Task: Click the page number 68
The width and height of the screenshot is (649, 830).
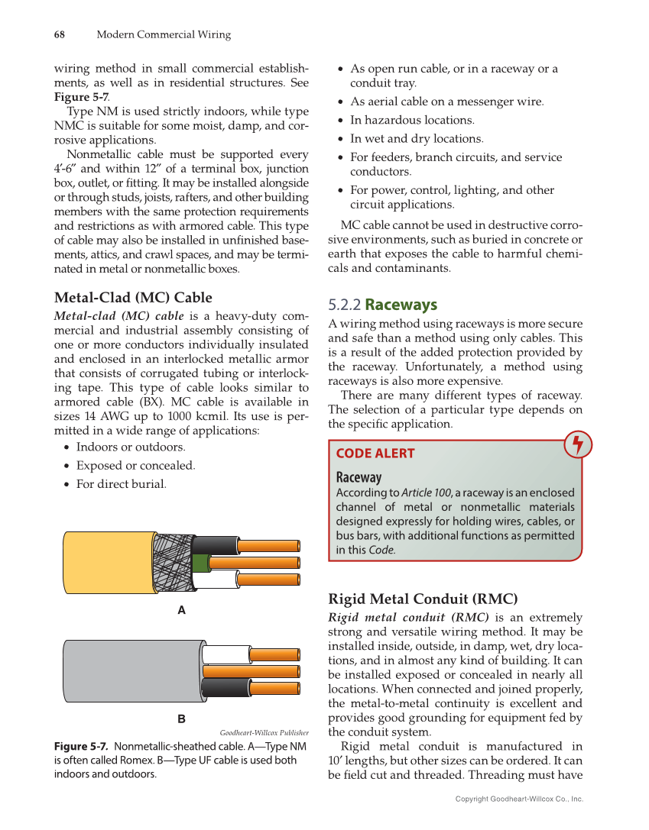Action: click(58, 34)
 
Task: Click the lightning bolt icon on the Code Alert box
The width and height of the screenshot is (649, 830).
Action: click(578, 445)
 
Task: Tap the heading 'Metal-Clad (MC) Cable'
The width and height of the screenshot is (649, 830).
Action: click(133, 297)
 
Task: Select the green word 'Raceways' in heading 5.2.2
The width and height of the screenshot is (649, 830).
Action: click(401, 305)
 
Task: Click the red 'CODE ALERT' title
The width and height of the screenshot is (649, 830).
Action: click(375, 453)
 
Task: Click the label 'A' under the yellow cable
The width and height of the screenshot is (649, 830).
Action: click(181, 610)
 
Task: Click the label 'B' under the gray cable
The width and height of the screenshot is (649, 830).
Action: click(181, 719)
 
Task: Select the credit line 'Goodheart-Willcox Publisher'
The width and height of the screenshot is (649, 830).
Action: click(264, 731)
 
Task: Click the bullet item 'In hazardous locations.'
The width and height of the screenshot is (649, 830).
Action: click(412, 120)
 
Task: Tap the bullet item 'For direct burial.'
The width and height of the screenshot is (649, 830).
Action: click(121, 483)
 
